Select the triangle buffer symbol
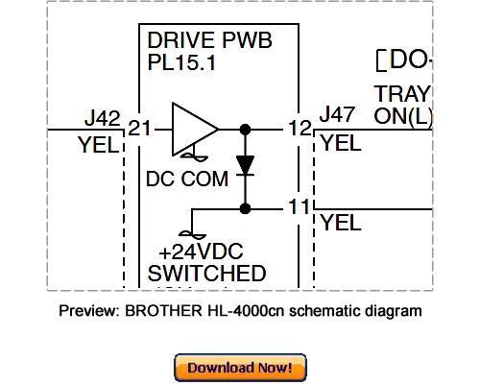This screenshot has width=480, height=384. coord(195,128)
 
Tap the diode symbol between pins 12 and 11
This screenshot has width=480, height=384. coord(246,165)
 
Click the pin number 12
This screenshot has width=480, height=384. coord(299,129)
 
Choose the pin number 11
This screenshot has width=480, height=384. coord(299,207)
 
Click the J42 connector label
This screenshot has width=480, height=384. coord(102,119)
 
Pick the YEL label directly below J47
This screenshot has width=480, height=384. coord(342,145)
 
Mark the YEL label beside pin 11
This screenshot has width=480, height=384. coord(342,224)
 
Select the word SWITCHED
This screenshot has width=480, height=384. coord(206,274)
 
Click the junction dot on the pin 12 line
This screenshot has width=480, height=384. coord(246,129)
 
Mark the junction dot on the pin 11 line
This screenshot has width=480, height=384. coord(246,207)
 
